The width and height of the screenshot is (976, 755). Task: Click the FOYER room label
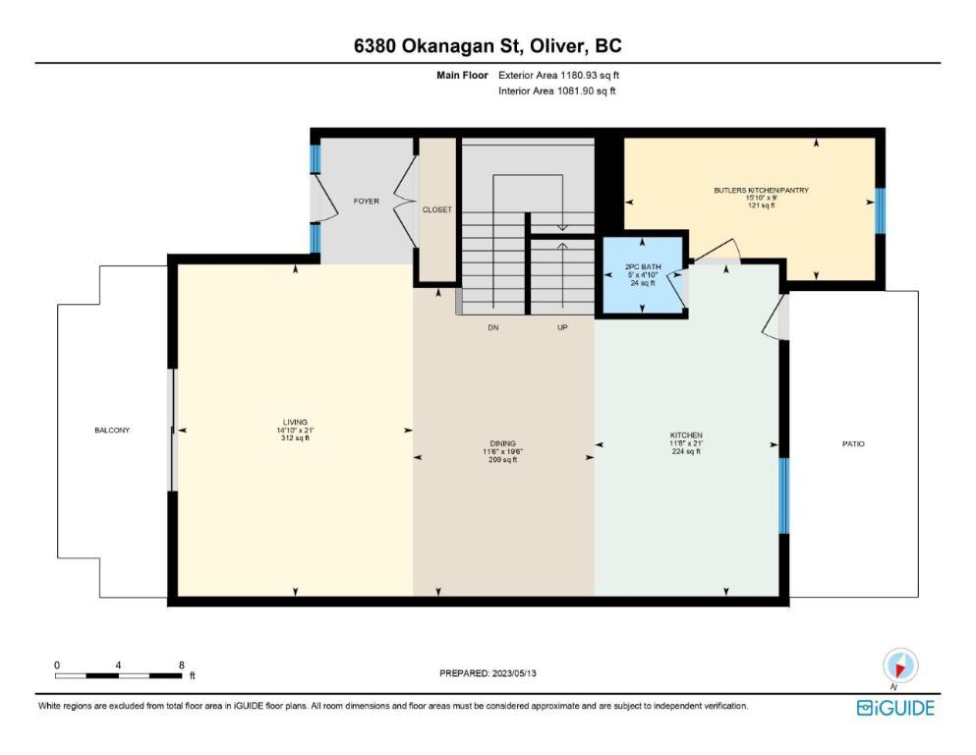tap(366, 202)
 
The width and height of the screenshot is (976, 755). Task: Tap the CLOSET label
tap(437, 209)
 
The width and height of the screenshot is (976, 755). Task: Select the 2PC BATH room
tap(643, 274)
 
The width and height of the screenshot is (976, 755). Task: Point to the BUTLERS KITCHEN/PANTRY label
tap(762, 190)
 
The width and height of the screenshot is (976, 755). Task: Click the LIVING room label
tap(295, 422)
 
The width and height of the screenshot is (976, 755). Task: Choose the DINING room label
tap(502, 443)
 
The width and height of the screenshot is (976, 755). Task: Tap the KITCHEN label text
tap(686, 436)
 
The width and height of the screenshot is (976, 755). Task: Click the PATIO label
tap(853, 443)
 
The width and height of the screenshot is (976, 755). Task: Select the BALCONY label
tap(112, 431)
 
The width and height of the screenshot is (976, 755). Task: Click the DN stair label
tap(493, 327)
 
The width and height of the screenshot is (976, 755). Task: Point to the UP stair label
tap(562, 327)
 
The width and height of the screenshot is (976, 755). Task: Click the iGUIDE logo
tap(895, 709)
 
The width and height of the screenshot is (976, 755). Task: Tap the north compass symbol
tap(900, 666)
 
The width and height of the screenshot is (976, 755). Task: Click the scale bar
tap(118, 675)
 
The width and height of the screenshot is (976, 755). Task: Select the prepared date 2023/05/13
tap(514, 672)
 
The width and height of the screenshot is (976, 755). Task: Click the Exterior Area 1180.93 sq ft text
tap(559, 76)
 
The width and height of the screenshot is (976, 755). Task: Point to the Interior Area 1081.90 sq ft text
tap(557, 90)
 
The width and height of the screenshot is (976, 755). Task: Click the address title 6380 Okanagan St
tap(434, 46)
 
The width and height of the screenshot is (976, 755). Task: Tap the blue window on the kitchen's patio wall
tap(784, 495)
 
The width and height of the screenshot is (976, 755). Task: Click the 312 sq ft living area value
tap(295, 438)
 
